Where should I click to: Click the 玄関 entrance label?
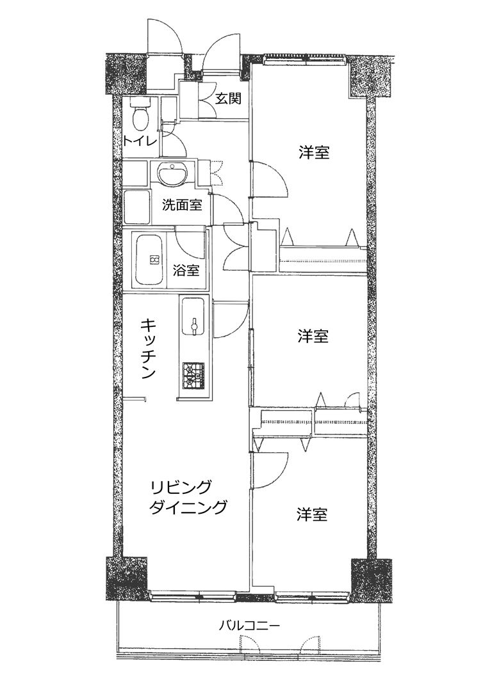tap(228, 99)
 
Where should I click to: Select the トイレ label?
tap(138, 141)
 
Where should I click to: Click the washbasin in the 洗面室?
tap(173, 173)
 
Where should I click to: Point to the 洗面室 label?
tap(182, 205)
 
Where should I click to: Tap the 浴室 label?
tap(186, 270)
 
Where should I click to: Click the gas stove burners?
tap(194, 376)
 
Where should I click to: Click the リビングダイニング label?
tap(188, 496)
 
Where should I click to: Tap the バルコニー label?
tap(250, 625)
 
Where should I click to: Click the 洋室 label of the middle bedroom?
tap(313, 337)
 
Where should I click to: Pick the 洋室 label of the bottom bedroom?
tap(312, 514)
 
